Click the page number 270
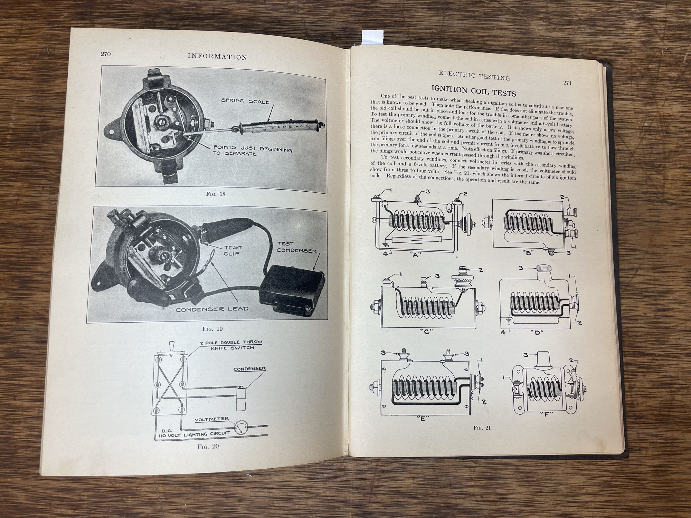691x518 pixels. [x=106, y=54]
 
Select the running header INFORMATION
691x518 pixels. [x=217, y=57]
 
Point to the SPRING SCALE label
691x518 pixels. [x=245, y=101]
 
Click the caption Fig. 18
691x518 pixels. [x=216, y=194]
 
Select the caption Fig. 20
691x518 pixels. [x=208, y=446]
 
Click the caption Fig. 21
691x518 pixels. [x=482, y=428]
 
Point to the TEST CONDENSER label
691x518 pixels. [x=296, y=247]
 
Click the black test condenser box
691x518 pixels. [x=291, y=290]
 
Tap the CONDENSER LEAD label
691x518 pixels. [x=212, y=309]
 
